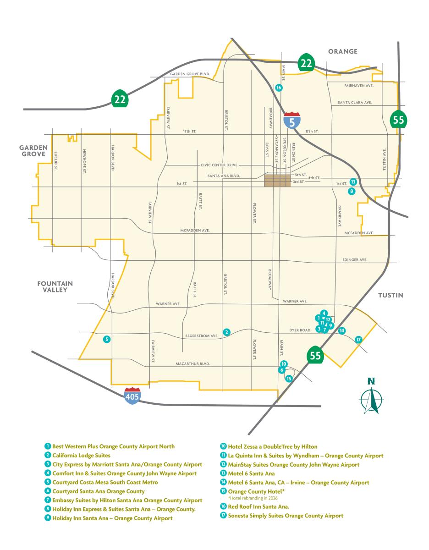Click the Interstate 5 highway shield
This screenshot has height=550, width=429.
pos(292,120)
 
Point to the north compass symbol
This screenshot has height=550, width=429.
pos(371,396)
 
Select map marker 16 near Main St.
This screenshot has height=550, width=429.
pos(279,87)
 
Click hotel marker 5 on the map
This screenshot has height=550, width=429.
pos(107,339)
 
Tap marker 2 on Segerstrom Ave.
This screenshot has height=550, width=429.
pos(226,331)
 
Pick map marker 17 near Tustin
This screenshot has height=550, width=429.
pos(358,339)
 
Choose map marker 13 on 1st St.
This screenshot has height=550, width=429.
pos(353,181)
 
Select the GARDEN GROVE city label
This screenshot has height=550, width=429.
pos(33,151)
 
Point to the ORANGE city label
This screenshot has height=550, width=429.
pos(342,51)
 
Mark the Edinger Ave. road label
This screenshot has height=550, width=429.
pos(355,260)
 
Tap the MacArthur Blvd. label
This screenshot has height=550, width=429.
pos(192,364)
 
